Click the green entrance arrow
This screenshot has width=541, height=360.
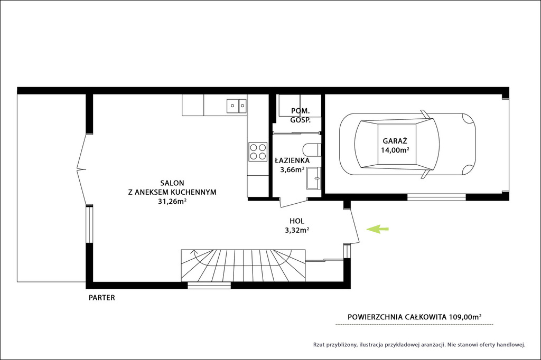point(377,229)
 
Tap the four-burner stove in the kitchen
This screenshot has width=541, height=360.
point(258,151)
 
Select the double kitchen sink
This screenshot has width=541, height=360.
point(236,106)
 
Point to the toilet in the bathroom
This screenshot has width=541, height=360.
point(312,150)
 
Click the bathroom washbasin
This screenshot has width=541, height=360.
point(314,178)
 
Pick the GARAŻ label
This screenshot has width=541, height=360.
point(395,141)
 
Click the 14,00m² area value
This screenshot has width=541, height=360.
point(395,150)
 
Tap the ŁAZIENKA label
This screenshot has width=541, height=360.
point(292,160)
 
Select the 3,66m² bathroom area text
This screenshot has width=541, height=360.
point(292,169)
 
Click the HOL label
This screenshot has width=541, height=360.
point(297,221)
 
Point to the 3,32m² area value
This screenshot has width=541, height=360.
point(297,230)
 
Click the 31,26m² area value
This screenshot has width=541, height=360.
point(172,202)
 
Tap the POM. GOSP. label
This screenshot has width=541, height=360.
point(301,116)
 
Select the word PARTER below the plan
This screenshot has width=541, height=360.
point(102,298)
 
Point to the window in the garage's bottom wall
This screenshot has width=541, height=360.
point(436,197)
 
